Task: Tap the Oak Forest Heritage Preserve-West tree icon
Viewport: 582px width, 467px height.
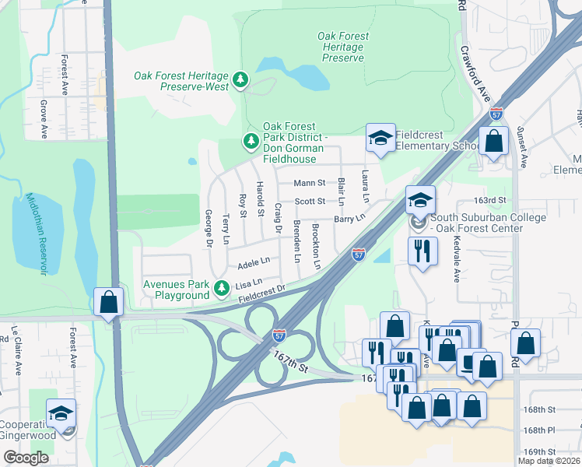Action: tap(241, 79)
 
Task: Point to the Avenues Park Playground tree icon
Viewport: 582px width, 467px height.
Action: tap(222, 288)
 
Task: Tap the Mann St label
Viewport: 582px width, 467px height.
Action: tap(309, 184)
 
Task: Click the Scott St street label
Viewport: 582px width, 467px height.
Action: tap(310, 202)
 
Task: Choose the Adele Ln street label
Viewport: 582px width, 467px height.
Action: tap(254, 262)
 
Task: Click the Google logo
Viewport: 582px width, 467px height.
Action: tap(26, 458)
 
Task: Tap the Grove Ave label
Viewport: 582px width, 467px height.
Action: tap(44, 118)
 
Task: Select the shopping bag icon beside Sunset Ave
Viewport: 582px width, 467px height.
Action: tap(494, 142)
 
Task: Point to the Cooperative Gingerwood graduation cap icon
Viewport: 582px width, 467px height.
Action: tap(61, 414)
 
